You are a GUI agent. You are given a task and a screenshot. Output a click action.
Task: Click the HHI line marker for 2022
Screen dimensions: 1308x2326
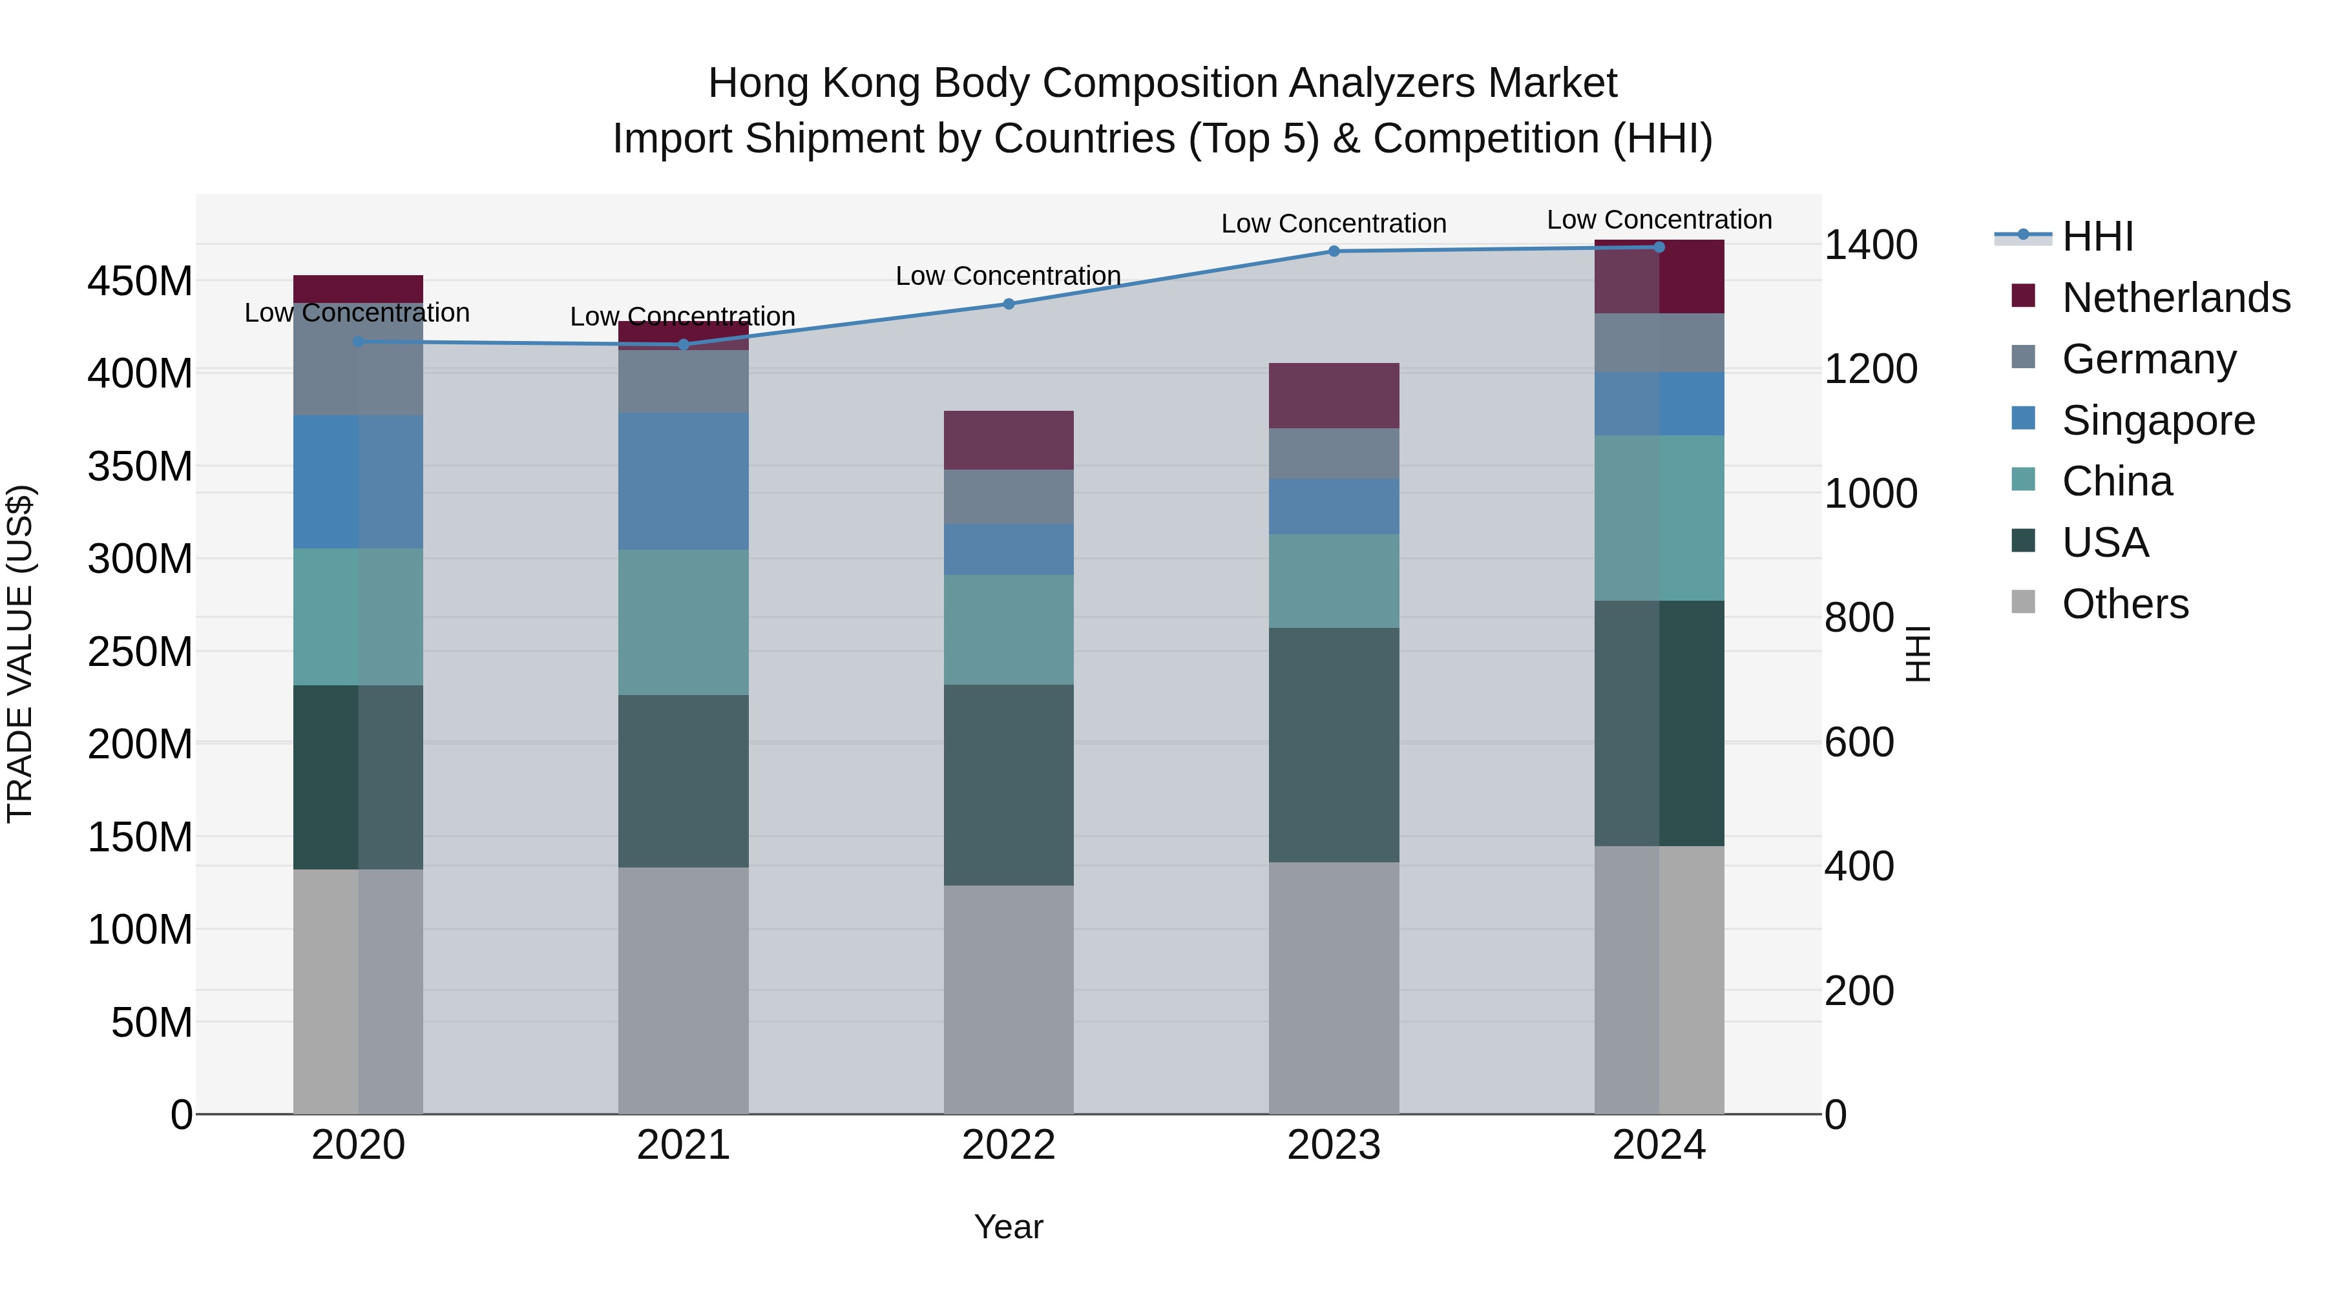(1009, 304)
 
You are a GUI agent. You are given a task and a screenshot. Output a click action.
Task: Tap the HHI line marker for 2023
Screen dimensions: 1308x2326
(1334, 252)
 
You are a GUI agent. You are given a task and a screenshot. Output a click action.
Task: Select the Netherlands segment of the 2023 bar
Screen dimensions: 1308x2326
(1334, 395)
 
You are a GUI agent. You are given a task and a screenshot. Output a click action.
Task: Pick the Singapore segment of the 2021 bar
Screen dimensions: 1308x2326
(684, 481)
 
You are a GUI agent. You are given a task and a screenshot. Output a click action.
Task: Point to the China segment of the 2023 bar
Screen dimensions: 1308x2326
(1334, 581)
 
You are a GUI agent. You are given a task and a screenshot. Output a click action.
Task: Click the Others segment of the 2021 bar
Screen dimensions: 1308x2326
(684, 990)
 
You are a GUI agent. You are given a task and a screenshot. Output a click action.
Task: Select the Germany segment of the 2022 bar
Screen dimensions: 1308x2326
(1009, 497)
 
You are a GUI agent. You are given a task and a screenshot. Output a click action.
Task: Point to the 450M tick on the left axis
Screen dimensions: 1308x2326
(140, 282)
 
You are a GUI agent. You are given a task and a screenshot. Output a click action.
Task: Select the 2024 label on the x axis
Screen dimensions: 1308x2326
(1659, 1145)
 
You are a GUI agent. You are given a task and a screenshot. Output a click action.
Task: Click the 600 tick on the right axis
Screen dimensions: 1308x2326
(1859, 742)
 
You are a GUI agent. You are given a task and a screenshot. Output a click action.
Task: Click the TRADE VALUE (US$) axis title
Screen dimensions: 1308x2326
(20, 654)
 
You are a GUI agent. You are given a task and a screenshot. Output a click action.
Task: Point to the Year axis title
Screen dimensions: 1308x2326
(1009, 1227)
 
